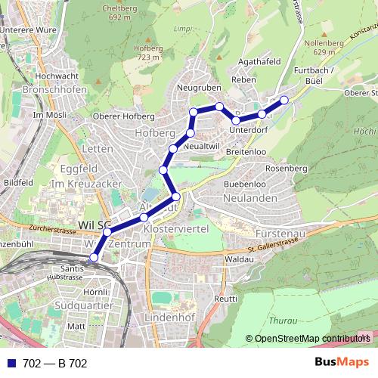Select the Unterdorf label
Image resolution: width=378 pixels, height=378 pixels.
pos(249,129)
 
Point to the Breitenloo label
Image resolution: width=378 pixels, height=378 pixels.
pos(245,152)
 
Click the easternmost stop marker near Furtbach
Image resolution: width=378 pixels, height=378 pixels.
pos(284,100)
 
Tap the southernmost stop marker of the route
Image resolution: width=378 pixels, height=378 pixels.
pos(94,258)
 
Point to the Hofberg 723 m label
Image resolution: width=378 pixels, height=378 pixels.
pos(148,51)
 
